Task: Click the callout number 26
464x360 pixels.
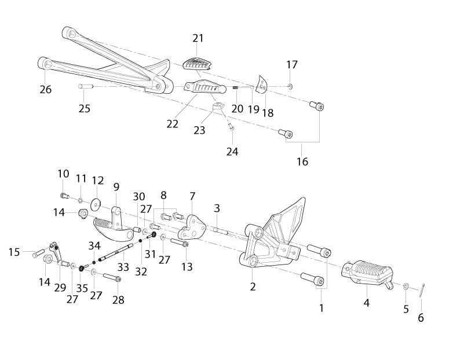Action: (46, 89)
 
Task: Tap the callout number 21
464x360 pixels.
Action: (198, 38)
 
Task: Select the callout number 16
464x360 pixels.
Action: (302, 161)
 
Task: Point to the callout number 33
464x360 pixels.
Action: (123, 267)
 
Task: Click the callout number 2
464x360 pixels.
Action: (253, 286)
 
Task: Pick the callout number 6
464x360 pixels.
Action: (421, 318)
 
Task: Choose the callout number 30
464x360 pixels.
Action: (139, 197)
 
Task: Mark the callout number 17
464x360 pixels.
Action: (292, 64)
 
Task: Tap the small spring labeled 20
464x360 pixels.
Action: (236, 88)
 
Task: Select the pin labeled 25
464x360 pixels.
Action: (86, 86)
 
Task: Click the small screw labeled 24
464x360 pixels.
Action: (231, 127)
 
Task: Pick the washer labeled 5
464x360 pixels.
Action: (406, 286)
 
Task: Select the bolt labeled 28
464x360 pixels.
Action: (112, 278)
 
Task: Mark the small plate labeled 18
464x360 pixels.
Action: (262, 85)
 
